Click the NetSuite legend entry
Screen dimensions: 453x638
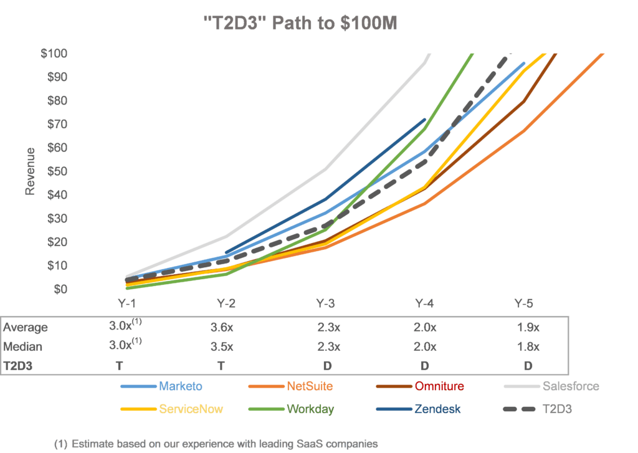310,386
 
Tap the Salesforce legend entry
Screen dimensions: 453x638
570,386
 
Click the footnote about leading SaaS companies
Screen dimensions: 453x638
216,444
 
